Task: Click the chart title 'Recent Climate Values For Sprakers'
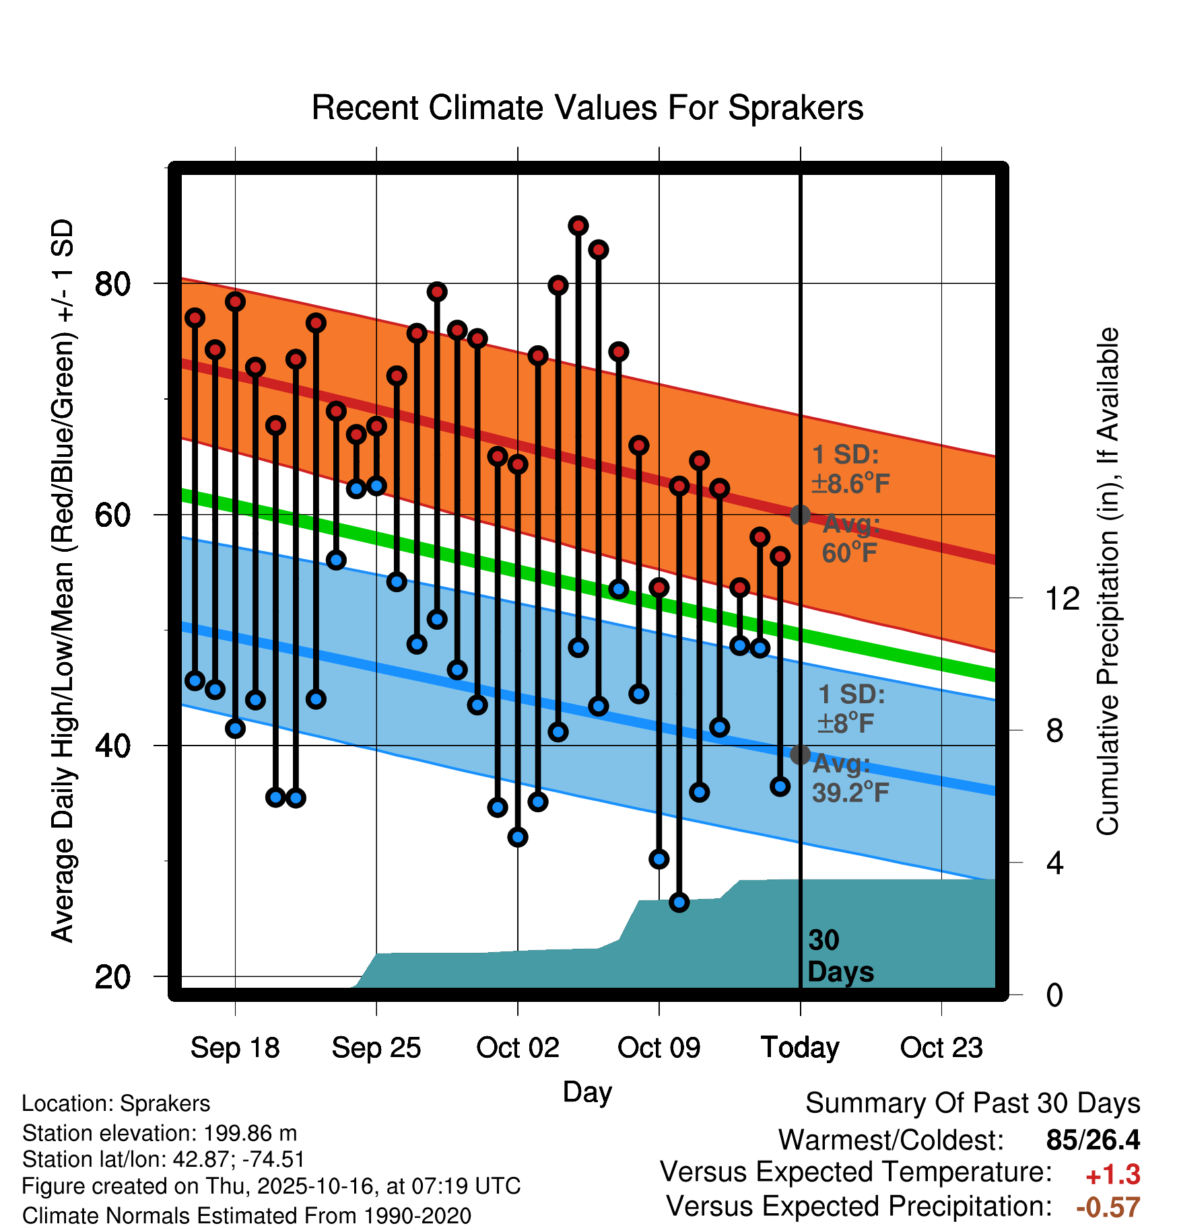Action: pos(587,108)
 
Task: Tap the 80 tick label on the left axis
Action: pos(112,284)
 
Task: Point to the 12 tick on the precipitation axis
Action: pos(1062,598)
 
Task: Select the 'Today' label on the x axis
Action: pos(800,1048)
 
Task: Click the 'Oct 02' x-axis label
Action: pos(517,1048)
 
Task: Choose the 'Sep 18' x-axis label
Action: pos(235,1048)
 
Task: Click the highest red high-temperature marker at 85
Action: pos(578,226)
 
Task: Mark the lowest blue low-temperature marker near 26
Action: pos(679,902)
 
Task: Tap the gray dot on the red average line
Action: pos(800,515)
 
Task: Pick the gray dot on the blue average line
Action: pos(800,755)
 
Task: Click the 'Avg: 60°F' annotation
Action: pos(850,538)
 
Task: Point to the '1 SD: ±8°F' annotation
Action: pos(850,709)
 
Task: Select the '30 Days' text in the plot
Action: pos(840,956)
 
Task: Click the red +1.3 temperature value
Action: pos(1112,1175)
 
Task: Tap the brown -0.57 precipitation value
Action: pos(1108,1207)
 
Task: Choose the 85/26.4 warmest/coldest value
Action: pos(1093,1140)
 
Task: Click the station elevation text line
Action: pos(160,1133)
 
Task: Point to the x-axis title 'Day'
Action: pos(587,1091)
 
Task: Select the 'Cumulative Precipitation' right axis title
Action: pos(1108,582)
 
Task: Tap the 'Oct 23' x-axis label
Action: pos(941,1048)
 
